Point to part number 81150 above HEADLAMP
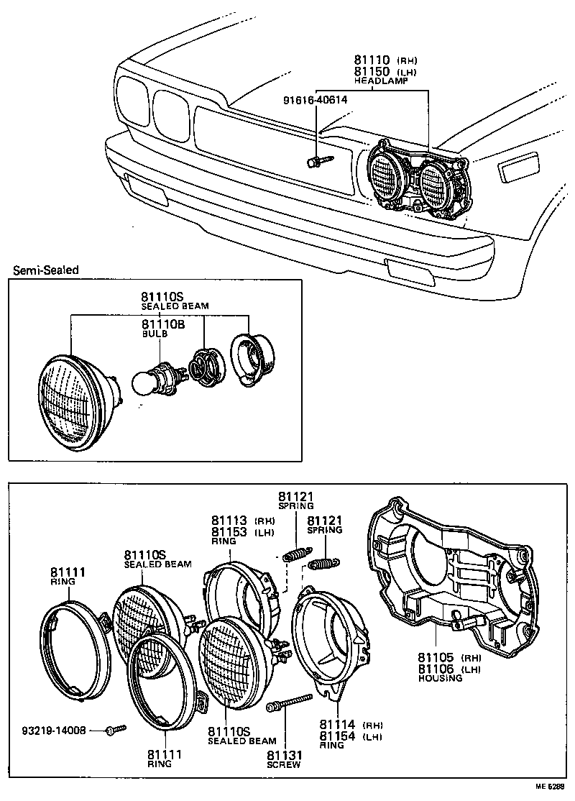click(x=372, y=72)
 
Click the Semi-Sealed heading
click(x=45, y=270)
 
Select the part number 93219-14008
click(x=54, y=730)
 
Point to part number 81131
click(x=285, y=755)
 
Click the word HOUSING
click(x=441, y=678)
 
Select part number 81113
click(x=230, y=521)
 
